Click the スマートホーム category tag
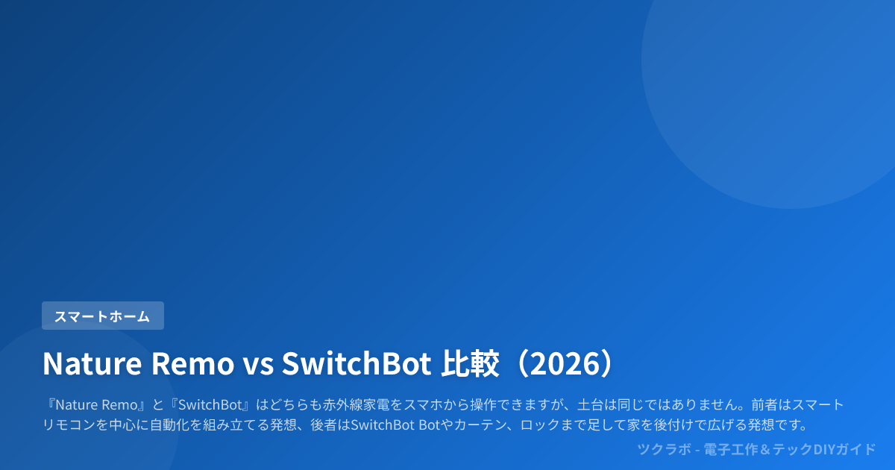(103, 316)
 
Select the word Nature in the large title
(92, 364)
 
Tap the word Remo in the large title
(192, 364)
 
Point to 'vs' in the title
(259, 366)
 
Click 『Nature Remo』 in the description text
(95, 405)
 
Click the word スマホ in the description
(423, 405)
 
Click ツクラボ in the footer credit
(664, 449)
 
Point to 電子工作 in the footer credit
(730, 449)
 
